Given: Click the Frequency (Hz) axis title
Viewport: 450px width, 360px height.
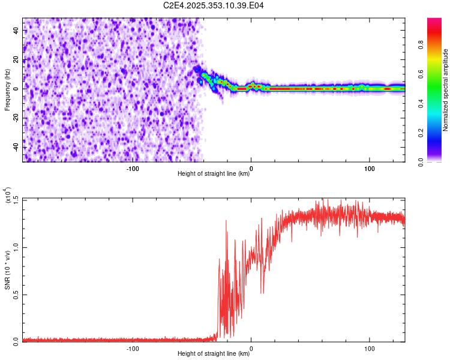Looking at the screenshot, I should [7, 89].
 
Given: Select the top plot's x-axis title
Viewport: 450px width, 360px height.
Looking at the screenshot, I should [214, 173].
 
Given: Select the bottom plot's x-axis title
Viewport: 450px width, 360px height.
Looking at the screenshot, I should [214, 353].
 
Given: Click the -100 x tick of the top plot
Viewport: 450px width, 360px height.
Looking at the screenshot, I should [133, 168].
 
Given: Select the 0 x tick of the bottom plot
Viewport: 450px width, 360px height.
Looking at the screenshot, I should [251, 348].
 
